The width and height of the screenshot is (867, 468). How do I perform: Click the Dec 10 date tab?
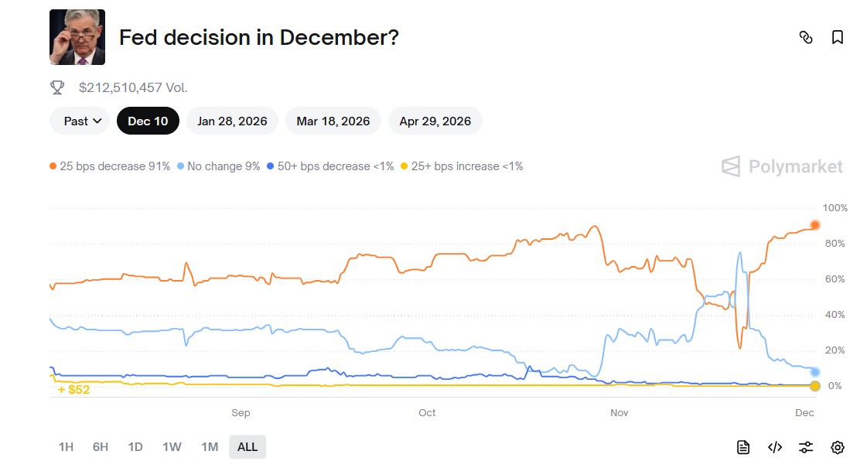(x=148, y=121)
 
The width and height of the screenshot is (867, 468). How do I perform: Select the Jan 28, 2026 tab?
(x=232, y=121)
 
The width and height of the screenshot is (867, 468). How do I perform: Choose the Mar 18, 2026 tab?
(x=333, y=121)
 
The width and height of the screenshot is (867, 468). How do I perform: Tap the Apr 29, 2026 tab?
(x=435, y=121)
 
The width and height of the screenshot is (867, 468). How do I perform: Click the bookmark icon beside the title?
(x=837, y=37)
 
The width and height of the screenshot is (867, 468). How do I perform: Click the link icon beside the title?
(x=806, y=37)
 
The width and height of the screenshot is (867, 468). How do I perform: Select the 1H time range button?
(x=66, y=446)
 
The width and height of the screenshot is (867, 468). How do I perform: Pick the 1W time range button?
(x=172, y=446)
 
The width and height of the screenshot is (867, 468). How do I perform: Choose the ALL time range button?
(x=247, y=446)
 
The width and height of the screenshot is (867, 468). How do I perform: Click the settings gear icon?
(x=837, y=447)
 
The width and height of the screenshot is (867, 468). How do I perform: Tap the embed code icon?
(x=775, y=447)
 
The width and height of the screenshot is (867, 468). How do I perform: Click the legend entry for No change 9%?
(x=219, y=166)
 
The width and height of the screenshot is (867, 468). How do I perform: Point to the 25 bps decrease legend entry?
(x=110, y=166)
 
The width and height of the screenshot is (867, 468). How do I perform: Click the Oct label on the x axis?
(x=427, y=413)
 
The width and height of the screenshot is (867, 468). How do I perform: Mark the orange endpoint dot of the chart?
(x=814, y=225)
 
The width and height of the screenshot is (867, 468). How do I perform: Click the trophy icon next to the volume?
(x=57, y=87)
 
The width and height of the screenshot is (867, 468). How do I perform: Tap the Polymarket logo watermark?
(x=782, y=166)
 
